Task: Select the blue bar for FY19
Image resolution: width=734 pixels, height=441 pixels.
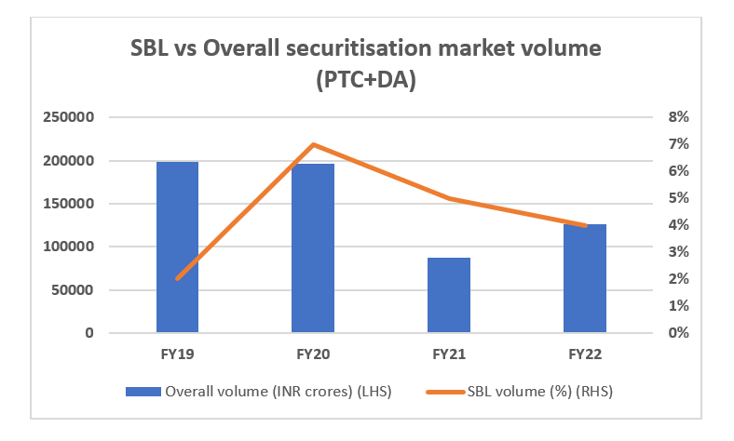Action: click(x=177, y=247)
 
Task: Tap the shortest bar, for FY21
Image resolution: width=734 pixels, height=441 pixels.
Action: click(x=449, y=295)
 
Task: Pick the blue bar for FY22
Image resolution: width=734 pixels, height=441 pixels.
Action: click(x=585, y=278)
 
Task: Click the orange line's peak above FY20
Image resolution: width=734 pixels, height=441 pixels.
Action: click(x=313, y=144)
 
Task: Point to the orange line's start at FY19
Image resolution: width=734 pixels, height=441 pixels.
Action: click(x=177, y=278)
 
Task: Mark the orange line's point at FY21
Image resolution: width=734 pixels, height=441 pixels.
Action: click(x=449, y=198)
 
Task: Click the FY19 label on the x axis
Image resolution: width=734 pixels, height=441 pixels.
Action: click(x=177, y=354)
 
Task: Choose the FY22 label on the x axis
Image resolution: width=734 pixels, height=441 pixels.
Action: click(x=585, y=354)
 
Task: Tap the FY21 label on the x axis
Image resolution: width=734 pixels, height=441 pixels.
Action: click(x=449, y=354)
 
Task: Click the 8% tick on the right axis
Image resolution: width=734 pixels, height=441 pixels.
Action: click(x=677, y=117)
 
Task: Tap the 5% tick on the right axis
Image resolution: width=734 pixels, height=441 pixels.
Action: click(x=677, y=198)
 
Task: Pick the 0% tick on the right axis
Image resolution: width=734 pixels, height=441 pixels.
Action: click(x=677, y=332)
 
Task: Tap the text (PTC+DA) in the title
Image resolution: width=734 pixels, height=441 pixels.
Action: click(x=366, y=81)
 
